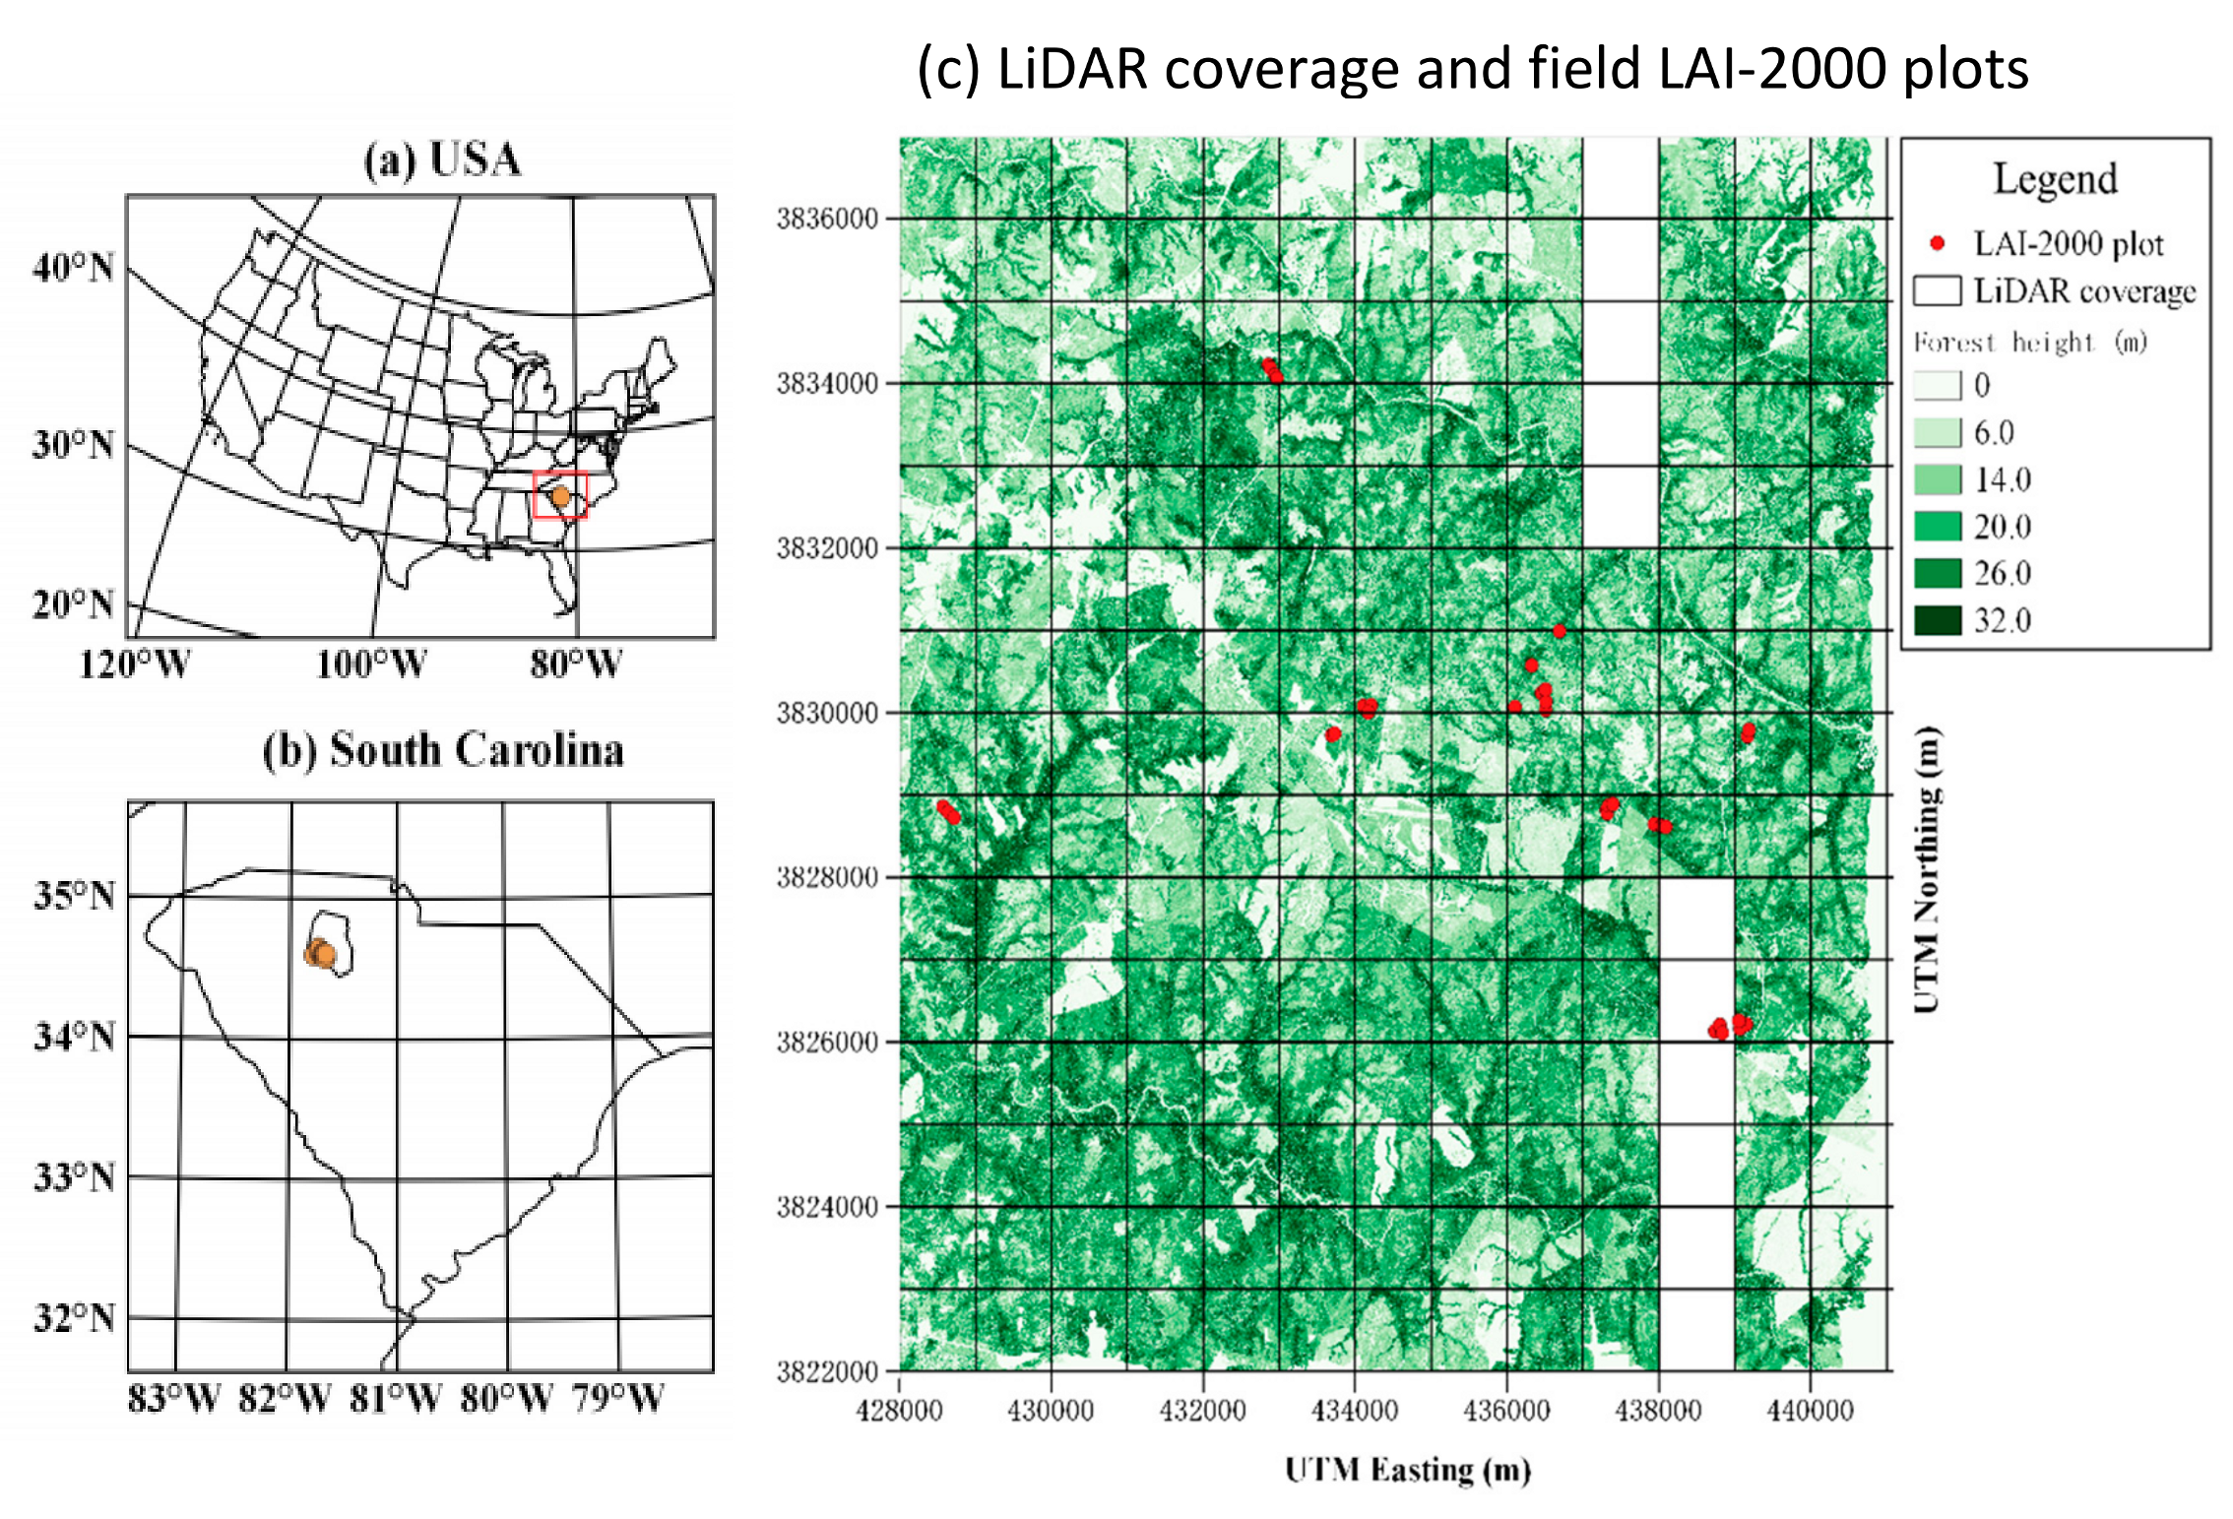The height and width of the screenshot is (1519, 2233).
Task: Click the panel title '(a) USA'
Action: pyautogui.click(x=442, y=159)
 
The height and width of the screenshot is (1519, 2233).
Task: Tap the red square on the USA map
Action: pyautogui.click(x=560, y=495)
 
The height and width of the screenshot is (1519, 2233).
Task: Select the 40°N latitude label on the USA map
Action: pyautogui.click(x=73, y=268)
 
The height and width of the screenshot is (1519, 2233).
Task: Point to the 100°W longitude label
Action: pyautogui.click(x=370, y=665)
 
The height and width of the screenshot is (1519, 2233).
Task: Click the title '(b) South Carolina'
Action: pyautogui.click(x=442, y=750)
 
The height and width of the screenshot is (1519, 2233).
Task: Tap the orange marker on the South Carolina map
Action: pyautogui.click(x=321, y=953)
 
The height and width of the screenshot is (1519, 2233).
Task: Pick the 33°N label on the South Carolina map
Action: pyautogui.click(x=74, y=1177)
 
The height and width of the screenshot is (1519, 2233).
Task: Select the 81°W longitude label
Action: pyautogui.click(x=396, y=1398)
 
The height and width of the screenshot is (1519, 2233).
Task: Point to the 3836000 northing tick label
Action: pyautogui.click(x=827, y=219)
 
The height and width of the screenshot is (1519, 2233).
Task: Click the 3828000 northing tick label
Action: pyautogui.click(x=827, y=877)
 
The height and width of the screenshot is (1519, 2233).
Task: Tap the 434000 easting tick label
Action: pyautogui.click(x=1355, y=1411)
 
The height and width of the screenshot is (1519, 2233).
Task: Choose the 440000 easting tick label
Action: pyautogui.click(x=1810, y=1411)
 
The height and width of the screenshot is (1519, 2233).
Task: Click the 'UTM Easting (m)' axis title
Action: pyautogui.click(x=1408, y=1470)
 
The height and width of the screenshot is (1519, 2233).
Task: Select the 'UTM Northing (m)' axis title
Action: pyautogui.click(x=1927, y=870)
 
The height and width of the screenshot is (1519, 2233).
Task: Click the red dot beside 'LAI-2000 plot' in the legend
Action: pyautogui.click(x=1937, y=243)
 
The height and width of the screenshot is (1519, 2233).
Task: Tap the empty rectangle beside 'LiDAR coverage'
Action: pyautogui.click(x=1937, y=291)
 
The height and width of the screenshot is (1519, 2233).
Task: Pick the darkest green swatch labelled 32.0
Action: pyautogui.click(x=1937, y=620)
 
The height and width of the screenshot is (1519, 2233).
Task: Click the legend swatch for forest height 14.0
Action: pyautogui.click(x=1937, y=479)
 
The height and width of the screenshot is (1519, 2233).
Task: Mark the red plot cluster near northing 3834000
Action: pyautogui.click(x=1272, y=370)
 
